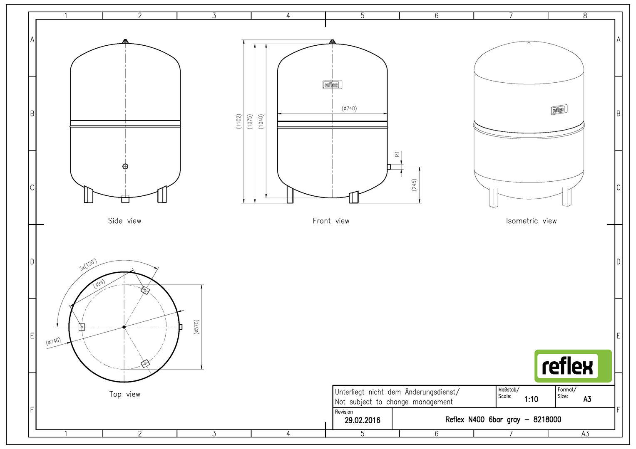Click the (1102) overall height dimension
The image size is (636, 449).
(238, 121)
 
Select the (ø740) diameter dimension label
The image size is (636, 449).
(349, 109)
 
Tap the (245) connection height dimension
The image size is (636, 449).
(414, 185)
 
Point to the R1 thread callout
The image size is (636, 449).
(397, 154)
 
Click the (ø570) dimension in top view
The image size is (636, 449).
(196, 327)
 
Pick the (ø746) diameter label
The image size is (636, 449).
(53, 341)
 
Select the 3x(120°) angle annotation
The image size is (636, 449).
(88, 264)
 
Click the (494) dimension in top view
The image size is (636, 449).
(99, 284)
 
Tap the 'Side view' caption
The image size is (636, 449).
(124, 221)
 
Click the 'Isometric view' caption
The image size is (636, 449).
(531, 221)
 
